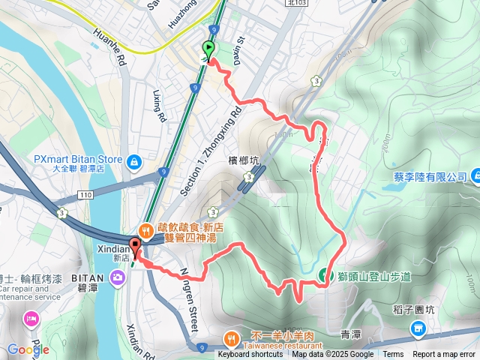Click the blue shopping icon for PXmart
click(x=133, y=160)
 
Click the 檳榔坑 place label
click(x=243, y=160)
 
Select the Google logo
click(x=28, y=349)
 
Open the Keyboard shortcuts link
click(x=250, y=355)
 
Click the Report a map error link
click(x=444, y=355)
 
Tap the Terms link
click(x=393, y=355)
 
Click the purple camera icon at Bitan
click(x=117, y=279)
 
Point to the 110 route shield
click(x=85, y=196)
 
